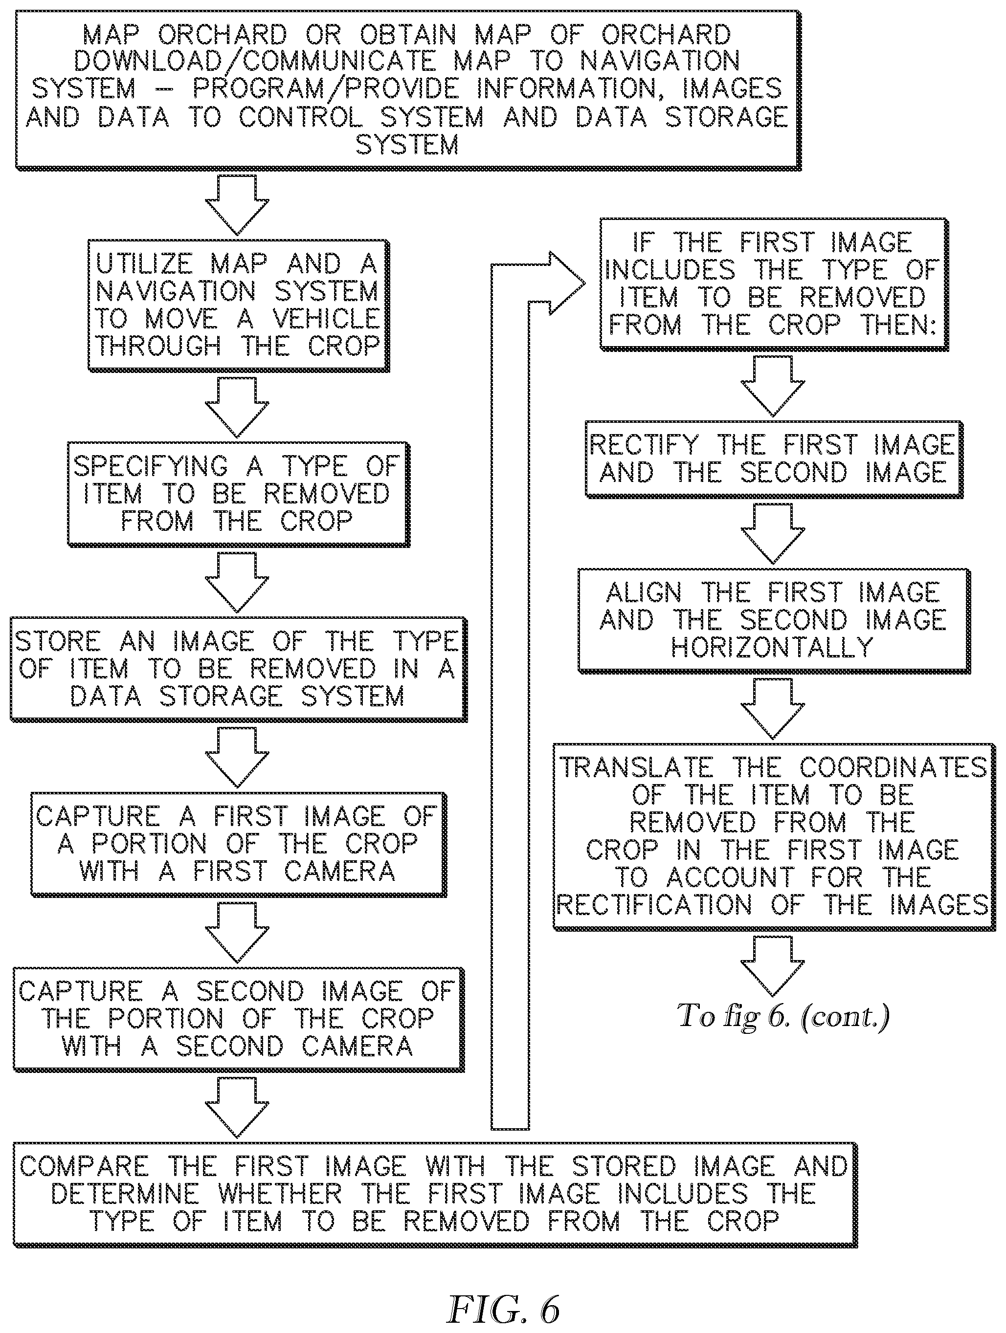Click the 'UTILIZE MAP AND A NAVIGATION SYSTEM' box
[238, 306]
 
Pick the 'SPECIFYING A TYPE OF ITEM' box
[238, 494]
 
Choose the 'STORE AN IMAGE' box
[238, 669]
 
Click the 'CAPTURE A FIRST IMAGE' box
[238, 844]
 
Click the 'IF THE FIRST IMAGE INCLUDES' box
[773, 284]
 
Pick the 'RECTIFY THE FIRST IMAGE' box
[773, 459]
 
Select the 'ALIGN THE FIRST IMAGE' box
[773, 621]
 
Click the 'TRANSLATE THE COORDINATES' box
[773, 837]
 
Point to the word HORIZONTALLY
[772, 648]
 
